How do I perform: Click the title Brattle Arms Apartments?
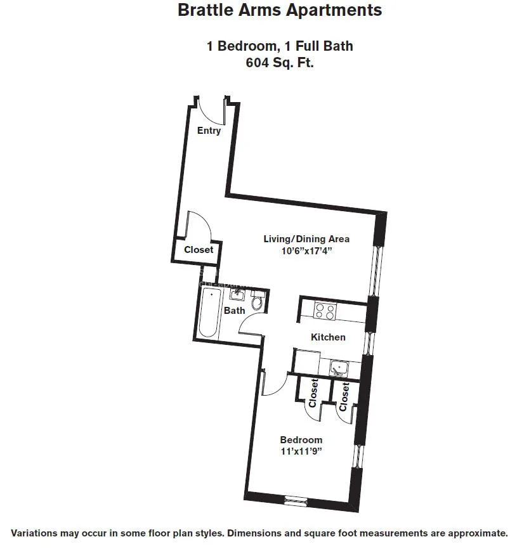pyautogui.click(x=280, y=10)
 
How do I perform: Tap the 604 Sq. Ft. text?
pyautogui.click(x=280, y=63)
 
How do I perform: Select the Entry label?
pyautogui.click(x=209, y=131)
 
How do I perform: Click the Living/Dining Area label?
pyautogui.click(x=306, y=239)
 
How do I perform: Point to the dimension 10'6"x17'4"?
pyautogui.click(x=307, y=250)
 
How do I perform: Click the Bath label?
pyautogui.click(x=235, y=311)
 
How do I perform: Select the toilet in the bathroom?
pyautogui.click(x=257, y=301)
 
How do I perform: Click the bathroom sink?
pyautogui.click(x=237, y=295)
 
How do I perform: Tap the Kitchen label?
pyautogui.click(x=328, y=337)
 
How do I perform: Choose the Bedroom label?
pyautogui.click(x=301, y=440)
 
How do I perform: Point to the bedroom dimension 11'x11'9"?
pyautogui.click(x=301, y=451)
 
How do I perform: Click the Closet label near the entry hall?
pyautogui.click(x=199, y=250)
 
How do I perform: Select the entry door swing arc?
pyautogui.click(x=211, y=114)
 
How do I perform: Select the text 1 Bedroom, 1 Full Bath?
pyautogui.click(x=280, y=46)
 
